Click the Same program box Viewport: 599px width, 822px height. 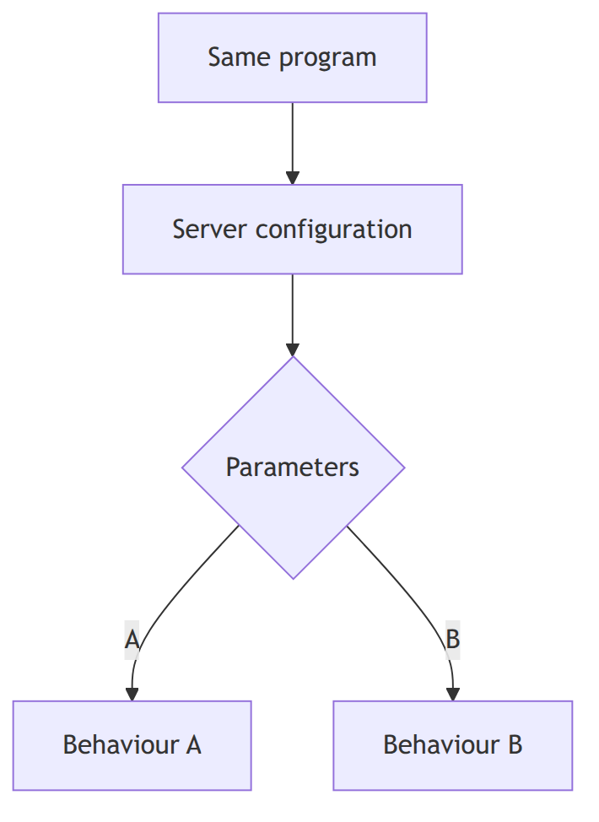293,57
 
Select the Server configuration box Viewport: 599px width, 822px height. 293,229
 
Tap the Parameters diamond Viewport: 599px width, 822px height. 293,468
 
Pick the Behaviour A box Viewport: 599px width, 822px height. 132,745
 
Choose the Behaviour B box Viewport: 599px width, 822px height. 453,745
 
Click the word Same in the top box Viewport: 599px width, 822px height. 240,57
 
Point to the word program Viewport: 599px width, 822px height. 327,59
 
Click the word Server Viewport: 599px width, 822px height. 209,229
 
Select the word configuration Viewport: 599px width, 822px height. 334,230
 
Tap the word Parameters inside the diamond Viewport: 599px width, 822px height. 293,467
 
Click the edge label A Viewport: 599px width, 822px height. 132,640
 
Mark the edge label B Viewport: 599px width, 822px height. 453,640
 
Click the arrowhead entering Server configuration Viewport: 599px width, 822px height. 293,178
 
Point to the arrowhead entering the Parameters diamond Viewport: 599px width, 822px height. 293,349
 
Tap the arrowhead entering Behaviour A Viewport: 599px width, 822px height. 132,694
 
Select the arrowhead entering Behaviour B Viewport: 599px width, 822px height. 453,694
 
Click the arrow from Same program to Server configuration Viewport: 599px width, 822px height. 293,143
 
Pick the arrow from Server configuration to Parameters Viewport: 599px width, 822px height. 293,315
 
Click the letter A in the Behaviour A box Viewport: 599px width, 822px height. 194,745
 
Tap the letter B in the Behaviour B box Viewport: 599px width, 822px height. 515,745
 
